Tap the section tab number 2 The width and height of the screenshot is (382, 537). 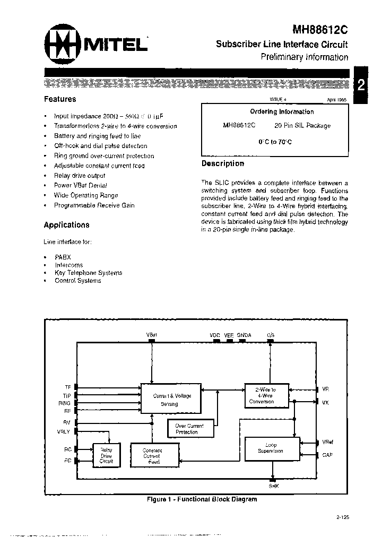pos(361,85)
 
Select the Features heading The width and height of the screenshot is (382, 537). pos(60,99)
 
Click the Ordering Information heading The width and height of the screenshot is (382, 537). pos(282,112)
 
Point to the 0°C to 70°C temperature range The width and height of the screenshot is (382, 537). pos(275,142)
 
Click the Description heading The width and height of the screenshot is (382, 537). pos(223,163)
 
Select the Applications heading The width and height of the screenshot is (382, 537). pos(66,225)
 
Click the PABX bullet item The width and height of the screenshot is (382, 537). pos(63,257)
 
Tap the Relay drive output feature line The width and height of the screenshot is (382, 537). pos(80,176)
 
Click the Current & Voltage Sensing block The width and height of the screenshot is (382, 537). pos(172,400)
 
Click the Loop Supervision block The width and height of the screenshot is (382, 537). pos(271,448)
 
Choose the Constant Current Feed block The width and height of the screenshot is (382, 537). pos(152,456)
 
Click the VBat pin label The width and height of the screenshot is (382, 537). pos(152,335)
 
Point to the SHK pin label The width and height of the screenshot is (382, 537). pos(273,486)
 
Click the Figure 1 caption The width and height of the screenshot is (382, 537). pos(202,499)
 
